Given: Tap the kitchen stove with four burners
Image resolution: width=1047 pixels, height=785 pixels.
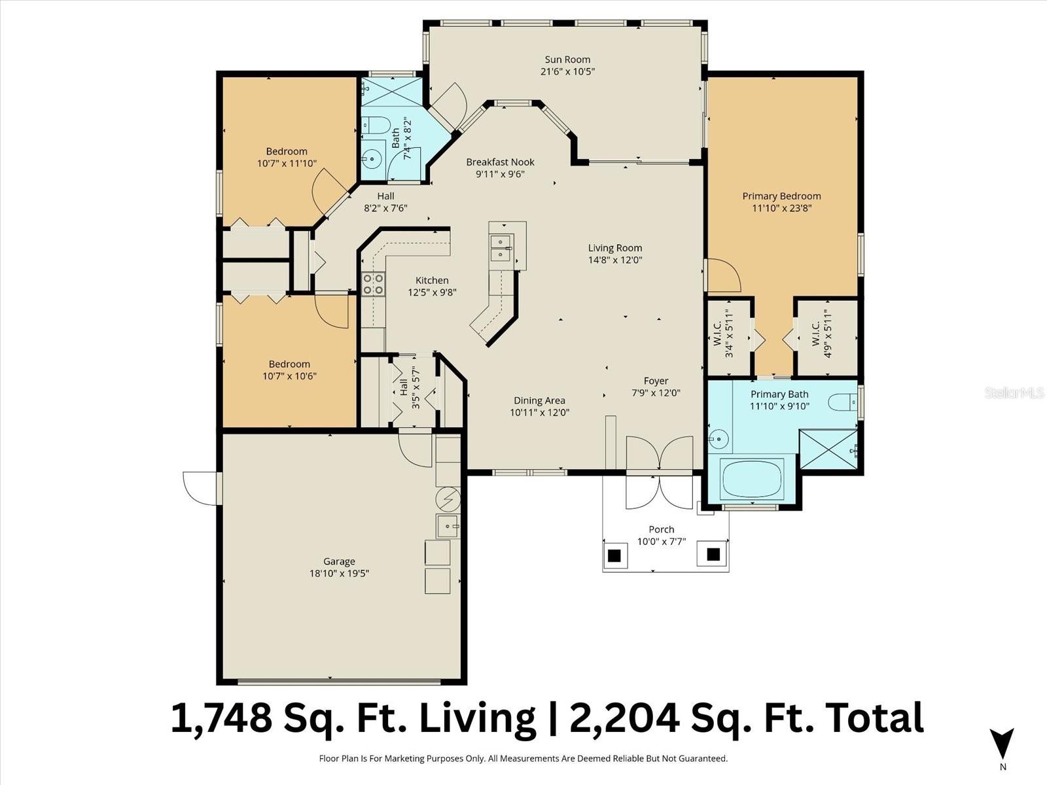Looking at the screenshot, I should point(373,285).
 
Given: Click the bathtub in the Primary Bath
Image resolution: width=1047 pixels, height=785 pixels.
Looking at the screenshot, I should point(751,479).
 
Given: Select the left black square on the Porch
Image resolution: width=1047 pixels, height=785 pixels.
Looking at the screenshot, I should point(614,555).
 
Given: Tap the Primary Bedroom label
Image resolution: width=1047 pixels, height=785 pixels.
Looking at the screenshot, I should point(781,196).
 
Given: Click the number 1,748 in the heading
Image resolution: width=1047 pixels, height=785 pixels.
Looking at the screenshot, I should point(221,718).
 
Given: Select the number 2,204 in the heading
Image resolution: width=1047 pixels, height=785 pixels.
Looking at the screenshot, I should point(623,718).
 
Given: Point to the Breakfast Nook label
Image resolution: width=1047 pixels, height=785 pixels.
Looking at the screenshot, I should point(500,162).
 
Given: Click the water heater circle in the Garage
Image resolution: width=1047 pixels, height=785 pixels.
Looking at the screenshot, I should point(448,500).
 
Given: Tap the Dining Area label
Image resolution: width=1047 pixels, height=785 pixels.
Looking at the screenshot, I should point(539,400).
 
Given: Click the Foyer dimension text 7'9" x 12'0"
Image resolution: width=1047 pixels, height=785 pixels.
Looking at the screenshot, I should point(656,393).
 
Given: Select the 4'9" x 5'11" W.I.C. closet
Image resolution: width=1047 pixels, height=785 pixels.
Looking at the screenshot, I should point(826,337).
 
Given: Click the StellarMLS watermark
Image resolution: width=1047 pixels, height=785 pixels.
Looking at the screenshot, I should point(1014,392).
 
